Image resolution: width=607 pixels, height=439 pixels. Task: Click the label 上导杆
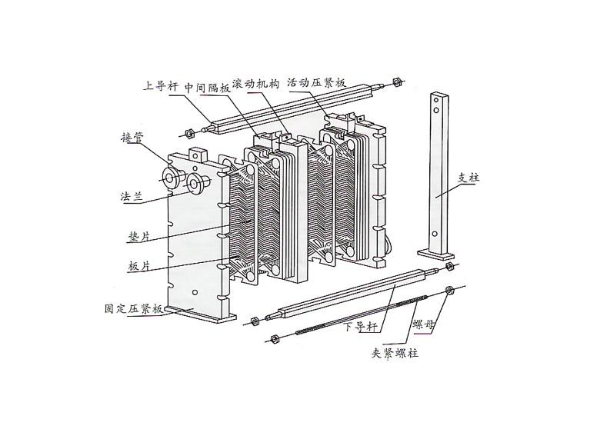[161, 86]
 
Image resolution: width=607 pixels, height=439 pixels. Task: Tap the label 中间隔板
[207, 88]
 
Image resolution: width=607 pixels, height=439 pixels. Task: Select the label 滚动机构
[255, 84]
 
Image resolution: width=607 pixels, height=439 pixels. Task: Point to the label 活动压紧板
[316, 83]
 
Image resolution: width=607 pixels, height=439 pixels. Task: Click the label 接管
[132, 137]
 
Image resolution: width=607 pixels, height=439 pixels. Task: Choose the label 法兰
[132, 196]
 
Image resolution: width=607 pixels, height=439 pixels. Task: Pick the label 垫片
[139, 236]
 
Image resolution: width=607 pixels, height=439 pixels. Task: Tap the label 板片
[139, 266]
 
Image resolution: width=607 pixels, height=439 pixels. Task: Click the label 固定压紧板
[134, 308]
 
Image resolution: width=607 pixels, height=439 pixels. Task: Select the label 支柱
[469, 178]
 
